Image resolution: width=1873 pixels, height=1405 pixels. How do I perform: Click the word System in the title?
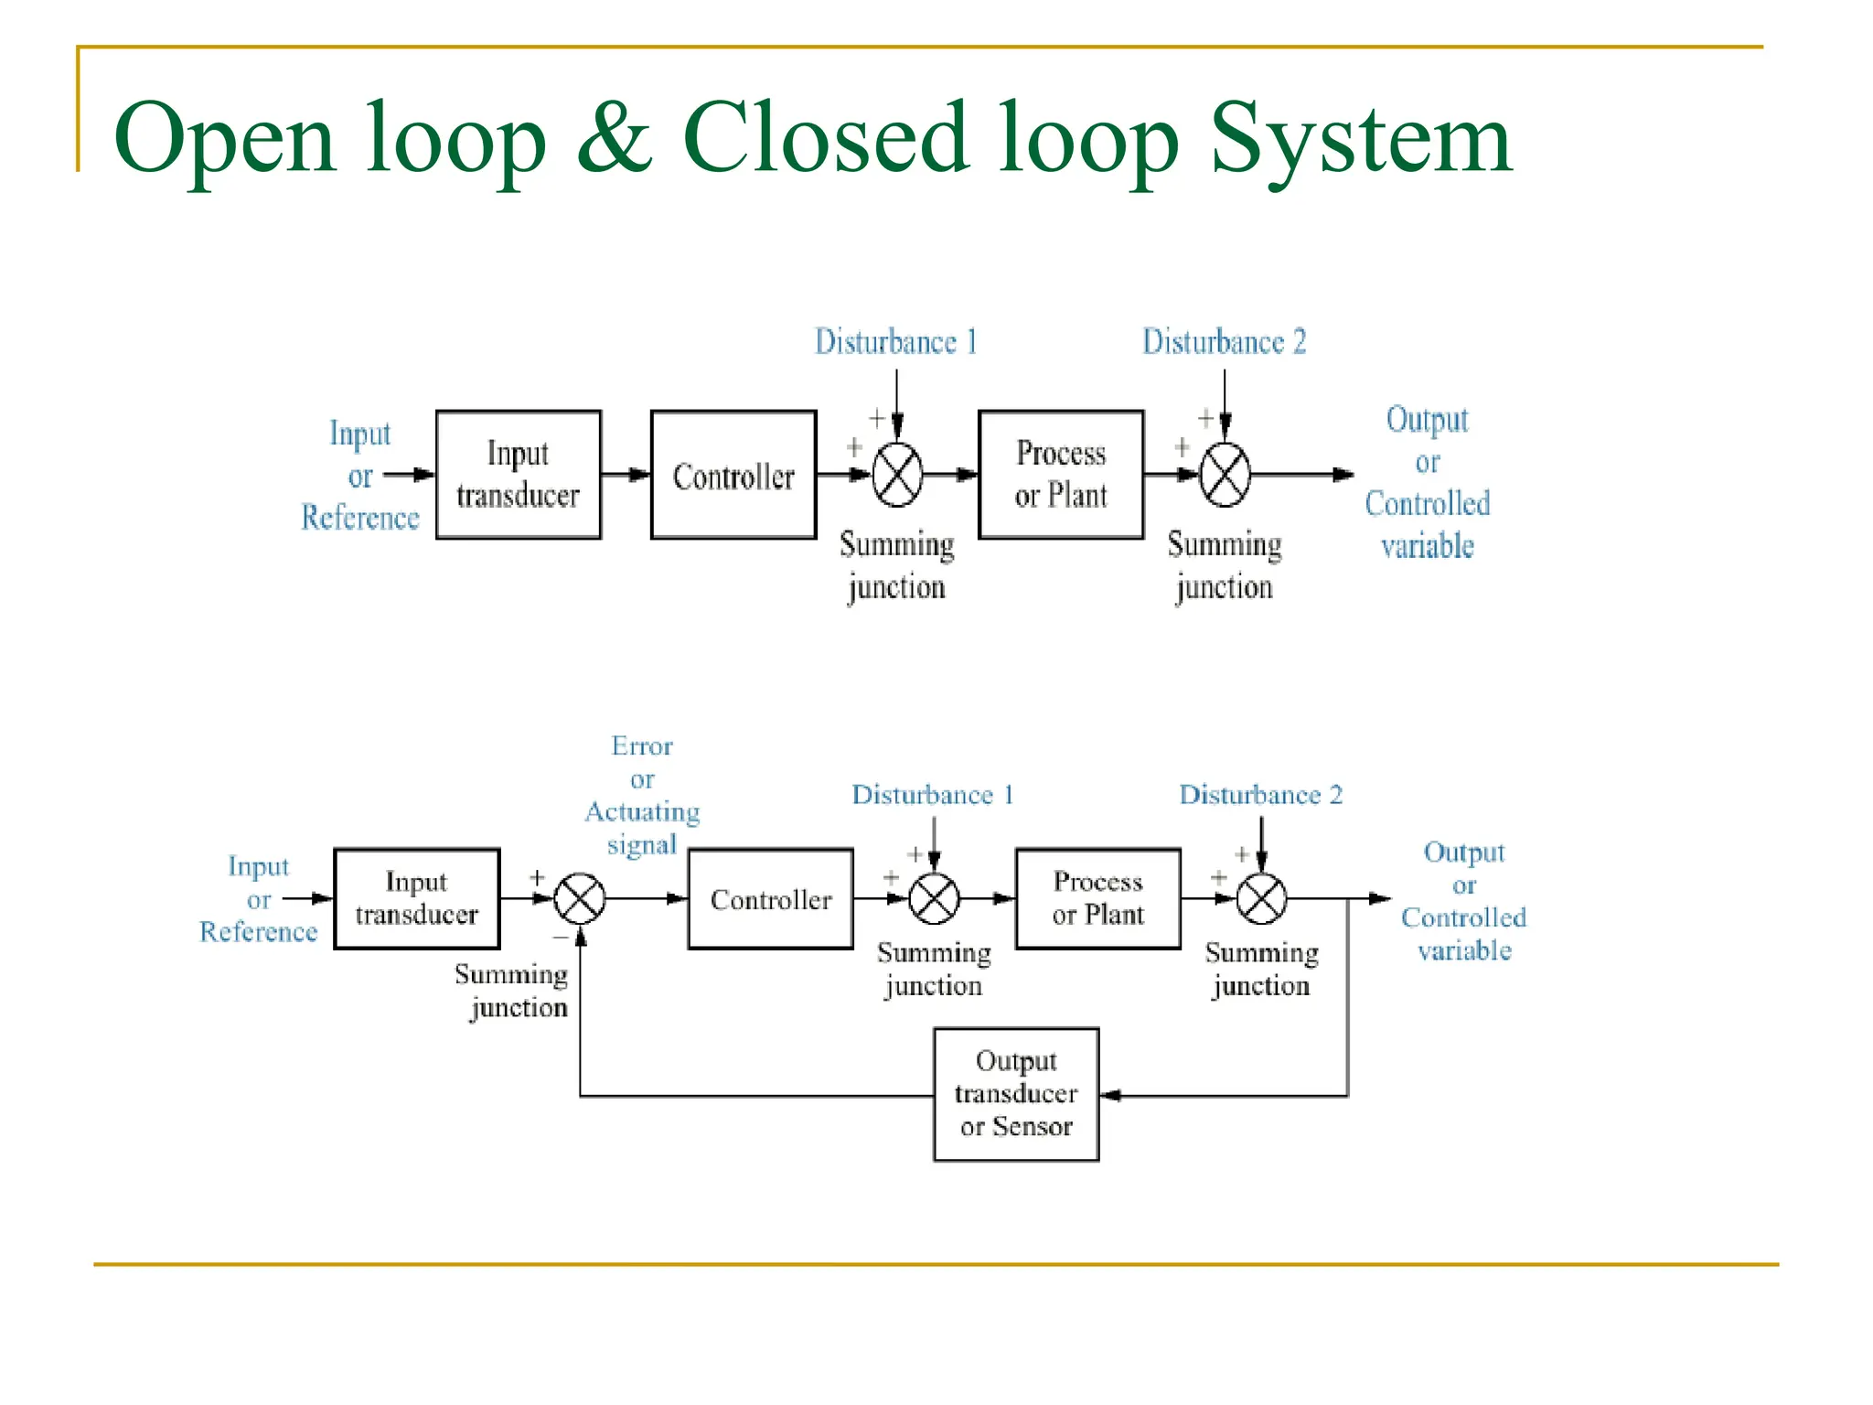(1360, 139)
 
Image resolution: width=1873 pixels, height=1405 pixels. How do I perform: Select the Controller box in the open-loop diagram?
(733, 475)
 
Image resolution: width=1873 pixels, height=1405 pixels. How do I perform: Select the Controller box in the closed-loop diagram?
(770, 899)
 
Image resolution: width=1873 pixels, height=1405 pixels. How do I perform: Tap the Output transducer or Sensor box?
(1015, 1094)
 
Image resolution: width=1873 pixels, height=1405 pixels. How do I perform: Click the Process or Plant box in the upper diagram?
(1061, 475)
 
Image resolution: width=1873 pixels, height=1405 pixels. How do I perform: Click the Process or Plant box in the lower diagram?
(1097, 898)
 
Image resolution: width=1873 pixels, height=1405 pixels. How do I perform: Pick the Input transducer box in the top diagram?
(519, 475)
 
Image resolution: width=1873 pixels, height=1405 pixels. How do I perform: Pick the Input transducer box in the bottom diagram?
(417, 898)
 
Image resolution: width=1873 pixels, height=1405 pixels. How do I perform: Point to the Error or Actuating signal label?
(642, 795)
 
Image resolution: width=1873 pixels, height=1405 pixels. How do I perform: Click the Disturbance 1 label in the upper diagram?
(895, 342)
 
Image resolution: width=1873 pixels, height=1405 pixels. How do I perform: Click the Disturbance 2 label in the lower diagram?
(1260, 795)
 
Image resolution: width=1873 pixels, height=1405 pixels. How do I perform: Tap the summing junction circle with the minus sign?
(580, 898)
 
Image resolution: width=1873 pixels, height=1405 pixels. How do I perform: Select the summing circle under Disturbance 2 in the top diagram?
(1225, 475)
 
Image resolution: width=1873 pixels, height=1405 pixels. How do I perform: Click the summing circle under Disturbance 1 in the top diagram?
(897, 475)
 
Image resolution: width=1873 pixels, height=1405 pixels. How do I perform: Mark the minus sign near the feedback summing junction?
(560, 938)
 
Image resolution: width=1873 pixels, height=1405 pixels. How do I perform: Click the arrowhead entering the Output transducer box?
(1109, 1095)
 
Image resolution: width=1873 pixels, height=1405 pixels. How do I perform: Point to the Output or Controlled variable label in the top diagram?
(1427, 482)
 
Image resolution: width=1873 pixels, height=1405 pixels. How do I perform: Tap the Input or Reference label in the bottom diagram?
(259, 898)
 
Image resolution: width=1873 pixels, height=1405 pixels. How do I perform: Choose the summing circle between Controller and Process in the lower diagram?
(934, 898)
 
